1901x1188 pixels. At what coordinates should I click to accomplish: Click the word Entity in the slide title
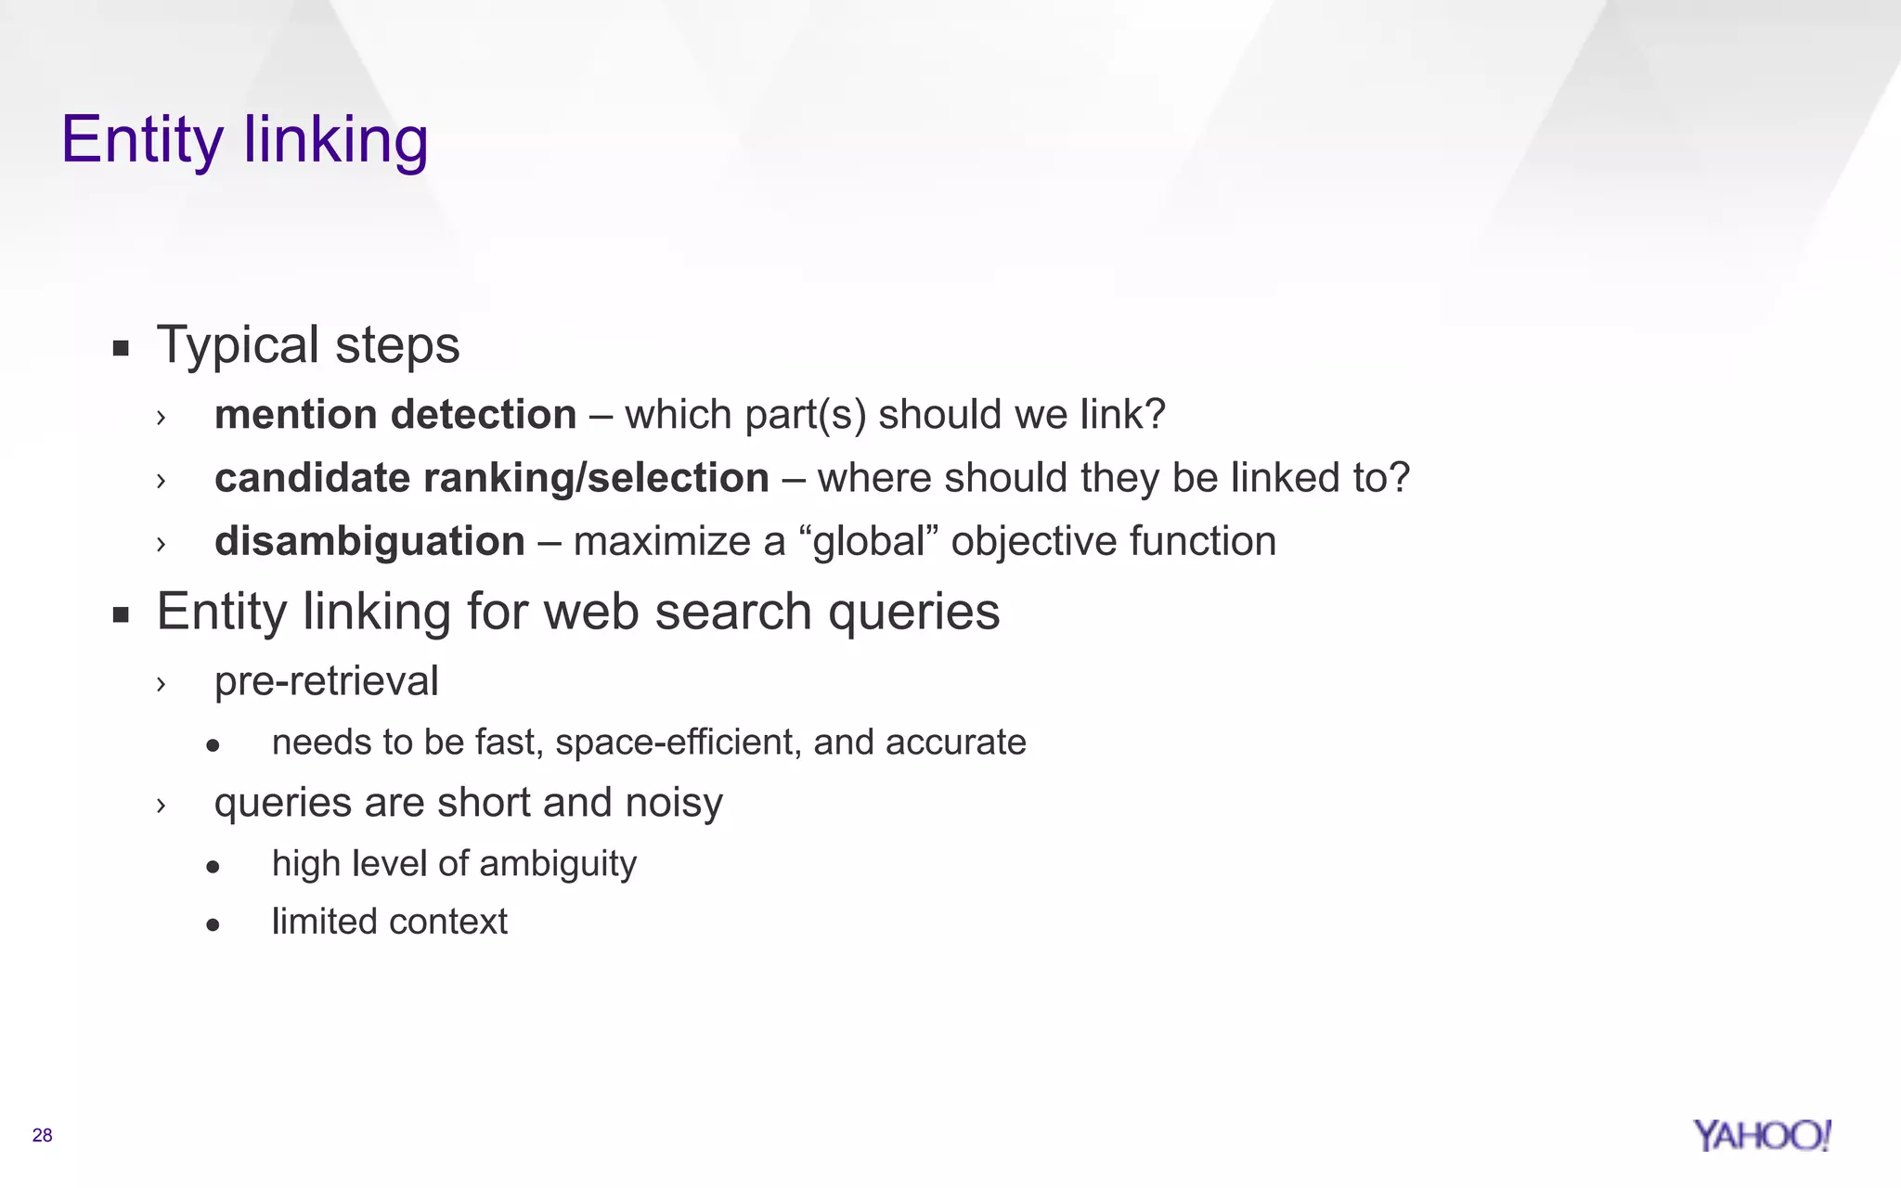click(142, 140)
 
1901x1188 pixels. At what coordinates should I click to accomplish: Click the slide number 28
click(43, 1135)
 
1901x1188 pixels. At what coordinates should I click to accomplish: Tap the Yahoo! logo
click(1762, 1135)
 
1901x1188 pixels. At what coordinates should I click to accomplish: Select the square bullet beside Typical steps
click(121, 350)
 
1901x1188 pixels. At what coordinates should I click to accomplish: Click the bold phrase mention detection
click(395, 415)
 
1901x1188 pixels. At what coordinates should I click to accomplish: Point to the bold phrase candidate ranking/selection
click(491, 479)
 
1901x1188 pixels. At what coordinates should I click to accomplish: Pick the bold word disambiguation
click(369, 542)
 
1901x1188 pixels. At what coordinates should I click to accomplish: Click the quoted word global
click(869, 542)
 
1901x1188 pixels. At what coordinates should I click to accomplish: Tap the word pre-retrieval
click(326, 682)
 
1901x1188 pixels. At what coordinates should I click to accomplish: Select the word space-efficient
click(679, 742)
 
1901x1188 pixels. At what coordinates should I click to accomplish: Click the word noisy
click(673, 804)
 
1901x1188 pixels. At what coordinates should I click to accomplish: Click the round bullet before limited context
click(213, 924)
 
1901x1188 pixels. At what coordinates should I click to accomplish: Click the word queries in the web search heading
click(913, 613)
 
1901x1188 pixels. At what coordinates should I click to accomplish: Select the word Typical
click(239, 346)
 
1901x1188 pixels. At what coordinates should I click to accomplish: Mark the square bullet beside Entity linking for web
click(121, 615)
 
